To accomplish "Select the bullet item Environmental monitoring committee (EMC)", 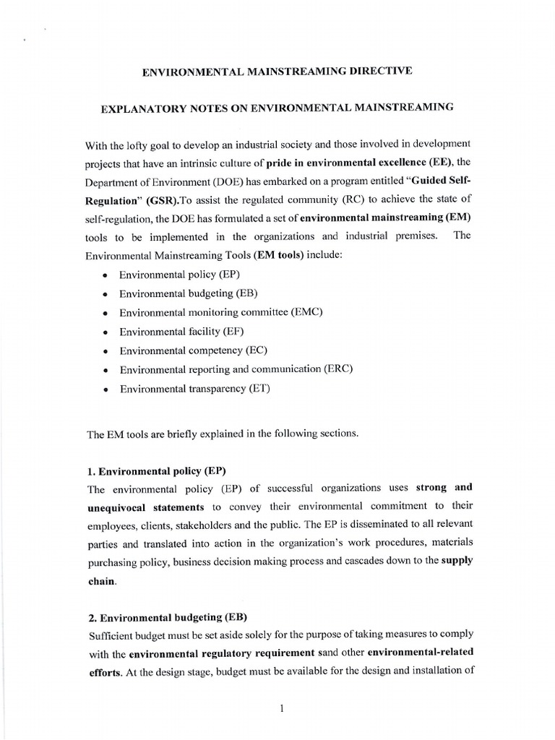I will [x=220, y=312].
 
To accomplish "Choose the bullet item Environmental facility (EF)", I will [x=182, y=331].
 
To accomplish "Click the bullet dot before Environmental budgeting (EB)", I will [x=106, y=294].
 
